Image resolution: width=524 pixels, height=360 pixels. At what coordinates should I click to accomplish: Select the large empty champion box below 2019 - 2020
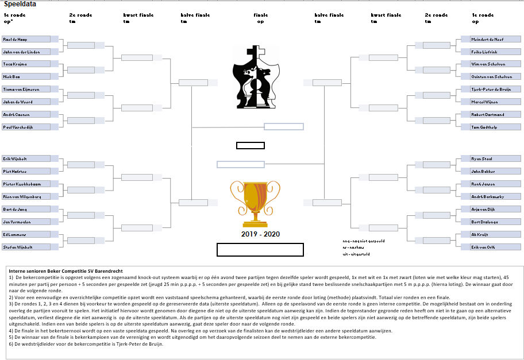tap(260, 250)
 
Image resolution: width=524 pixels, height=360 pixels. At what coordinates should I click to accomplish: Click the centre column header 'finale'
tap(260, 15)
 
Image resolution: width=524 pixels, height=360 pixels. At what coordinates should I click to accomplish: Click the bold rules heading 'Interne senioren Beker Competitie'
tap(66, 271)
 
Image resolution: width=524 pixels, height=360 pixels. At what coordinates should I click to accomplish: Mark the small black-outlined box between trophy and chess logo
tap(251, 145)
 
